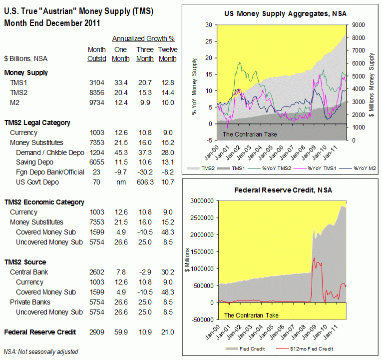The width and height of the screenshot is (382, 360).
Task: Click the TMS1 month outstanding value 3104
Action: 96,82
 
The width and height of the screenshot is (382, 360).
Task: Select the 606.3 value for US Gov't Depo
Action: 145,182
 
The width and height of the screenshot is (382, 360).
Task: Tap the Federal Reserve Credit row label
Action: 40,332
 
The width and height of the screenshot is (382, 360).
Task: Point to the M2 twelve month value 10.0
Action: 167,102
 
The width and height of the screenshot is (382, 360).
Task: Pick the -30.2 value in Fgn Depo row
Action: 145,172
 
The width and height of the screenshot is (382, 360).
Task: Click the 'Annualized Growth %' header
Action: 143,38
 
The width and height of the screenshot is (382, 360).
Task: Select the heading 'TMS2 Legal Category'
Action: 37,122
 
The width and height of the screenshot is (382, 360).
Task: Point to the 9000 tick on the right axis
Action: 359,24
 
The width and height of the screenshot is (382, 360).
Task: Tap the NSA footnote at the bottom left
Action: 41,351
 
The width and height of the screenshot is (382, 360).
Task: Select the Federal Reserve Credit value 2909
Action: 96,332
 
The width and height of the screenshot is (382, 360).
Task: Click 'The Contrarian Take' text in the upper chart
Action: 250,134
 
